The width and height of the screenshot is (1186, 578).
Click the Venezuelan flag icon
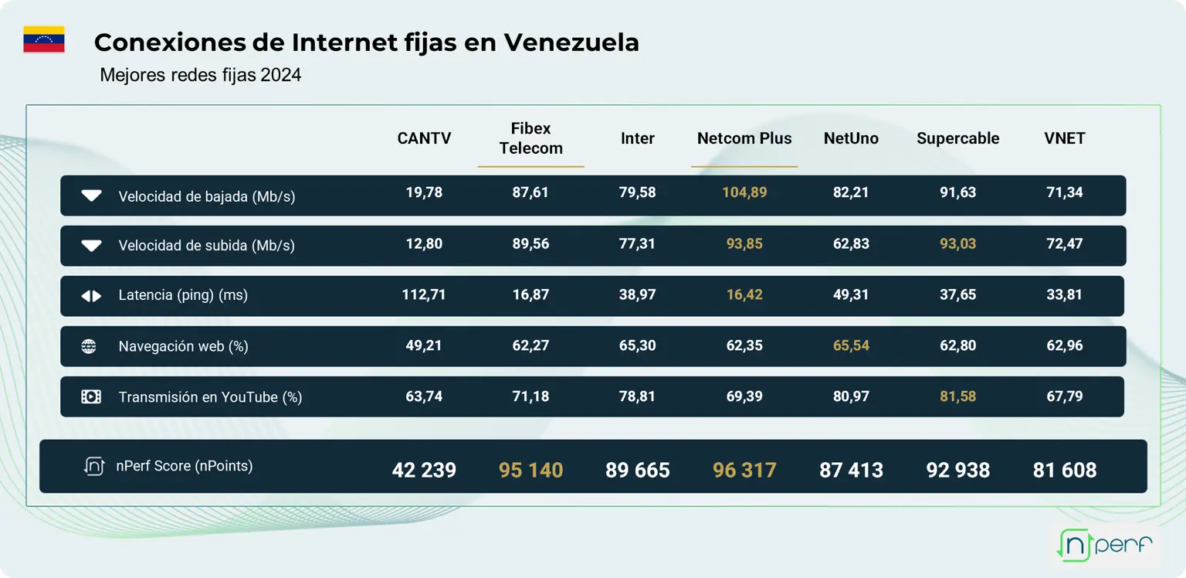(44, 39)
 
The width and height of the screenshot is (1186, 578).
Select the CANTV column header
(424, 138)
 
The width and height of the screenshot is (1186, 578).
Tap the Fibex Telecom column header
(530, 138)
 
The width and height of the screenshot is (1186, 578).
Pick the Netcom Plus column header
(744, 138)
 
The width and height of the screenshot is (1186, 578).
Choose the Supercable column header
(957, 138)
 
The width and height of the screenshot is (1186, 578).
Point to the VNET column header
(1064, 138)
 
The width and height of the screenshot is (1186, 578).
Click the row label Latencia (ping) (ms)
(183, 296)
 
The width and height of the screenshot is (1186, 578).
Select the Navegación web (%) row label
(183, 346)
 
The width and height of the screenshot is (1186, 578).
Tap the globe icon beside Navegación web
(90, 346)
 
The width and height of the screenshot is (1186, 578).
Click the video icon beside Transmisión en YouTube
(91, 396)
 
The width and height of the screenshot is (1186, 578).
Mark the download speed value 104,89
(744, 192)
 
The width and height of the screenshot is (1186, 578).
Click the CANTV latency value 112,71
(424, 294)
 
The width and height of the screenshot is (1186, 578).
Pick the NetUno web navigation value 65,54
(851, 345)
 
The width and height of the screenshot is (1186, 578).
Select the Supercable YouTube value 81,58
(957, 396)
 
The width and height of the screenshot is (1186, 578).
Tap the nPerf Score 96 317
(744, 470)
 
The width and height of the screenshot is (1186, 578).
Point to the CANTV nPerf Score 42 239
(424, 470)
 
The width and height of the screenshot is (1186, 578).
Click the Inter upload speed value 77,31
(637, 243)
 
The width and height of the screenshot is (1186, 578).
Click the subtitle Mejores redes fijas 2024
(201, 75)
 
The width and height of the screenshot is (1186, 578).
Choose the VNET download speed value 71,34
(1064, 192)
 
